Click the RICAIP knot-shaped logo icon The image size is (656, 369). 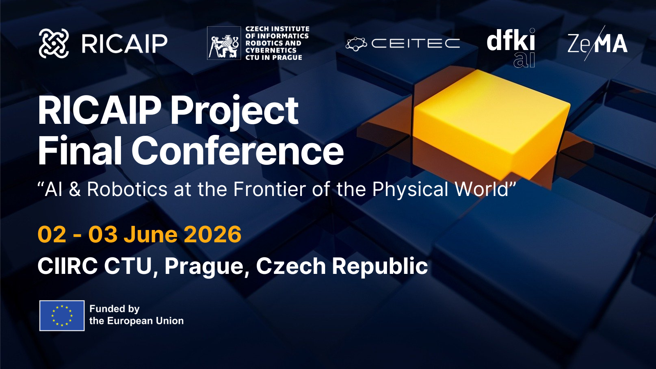(54, 43)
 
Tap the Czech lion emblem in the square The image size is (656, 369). (224, 43)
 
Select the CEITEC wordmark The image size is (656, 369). (416, 43)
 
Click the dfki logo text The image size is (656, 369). (511, 41)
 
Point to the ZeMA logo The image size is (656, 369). (597, 43)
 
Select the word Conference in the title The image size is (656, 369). (237, 151)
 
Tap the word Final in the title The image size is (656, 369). (80, 151)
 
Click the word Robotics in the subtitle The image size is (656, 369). (127, 189)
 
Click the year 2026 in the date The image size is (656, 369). (213, 234)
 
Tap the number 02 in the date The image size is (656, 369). (52, 234)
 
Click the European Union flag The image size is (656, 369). (62, 316)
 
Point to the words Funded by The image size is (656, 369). (114, 309)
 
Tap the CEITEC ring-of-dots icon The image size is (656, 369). (356, 44)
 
